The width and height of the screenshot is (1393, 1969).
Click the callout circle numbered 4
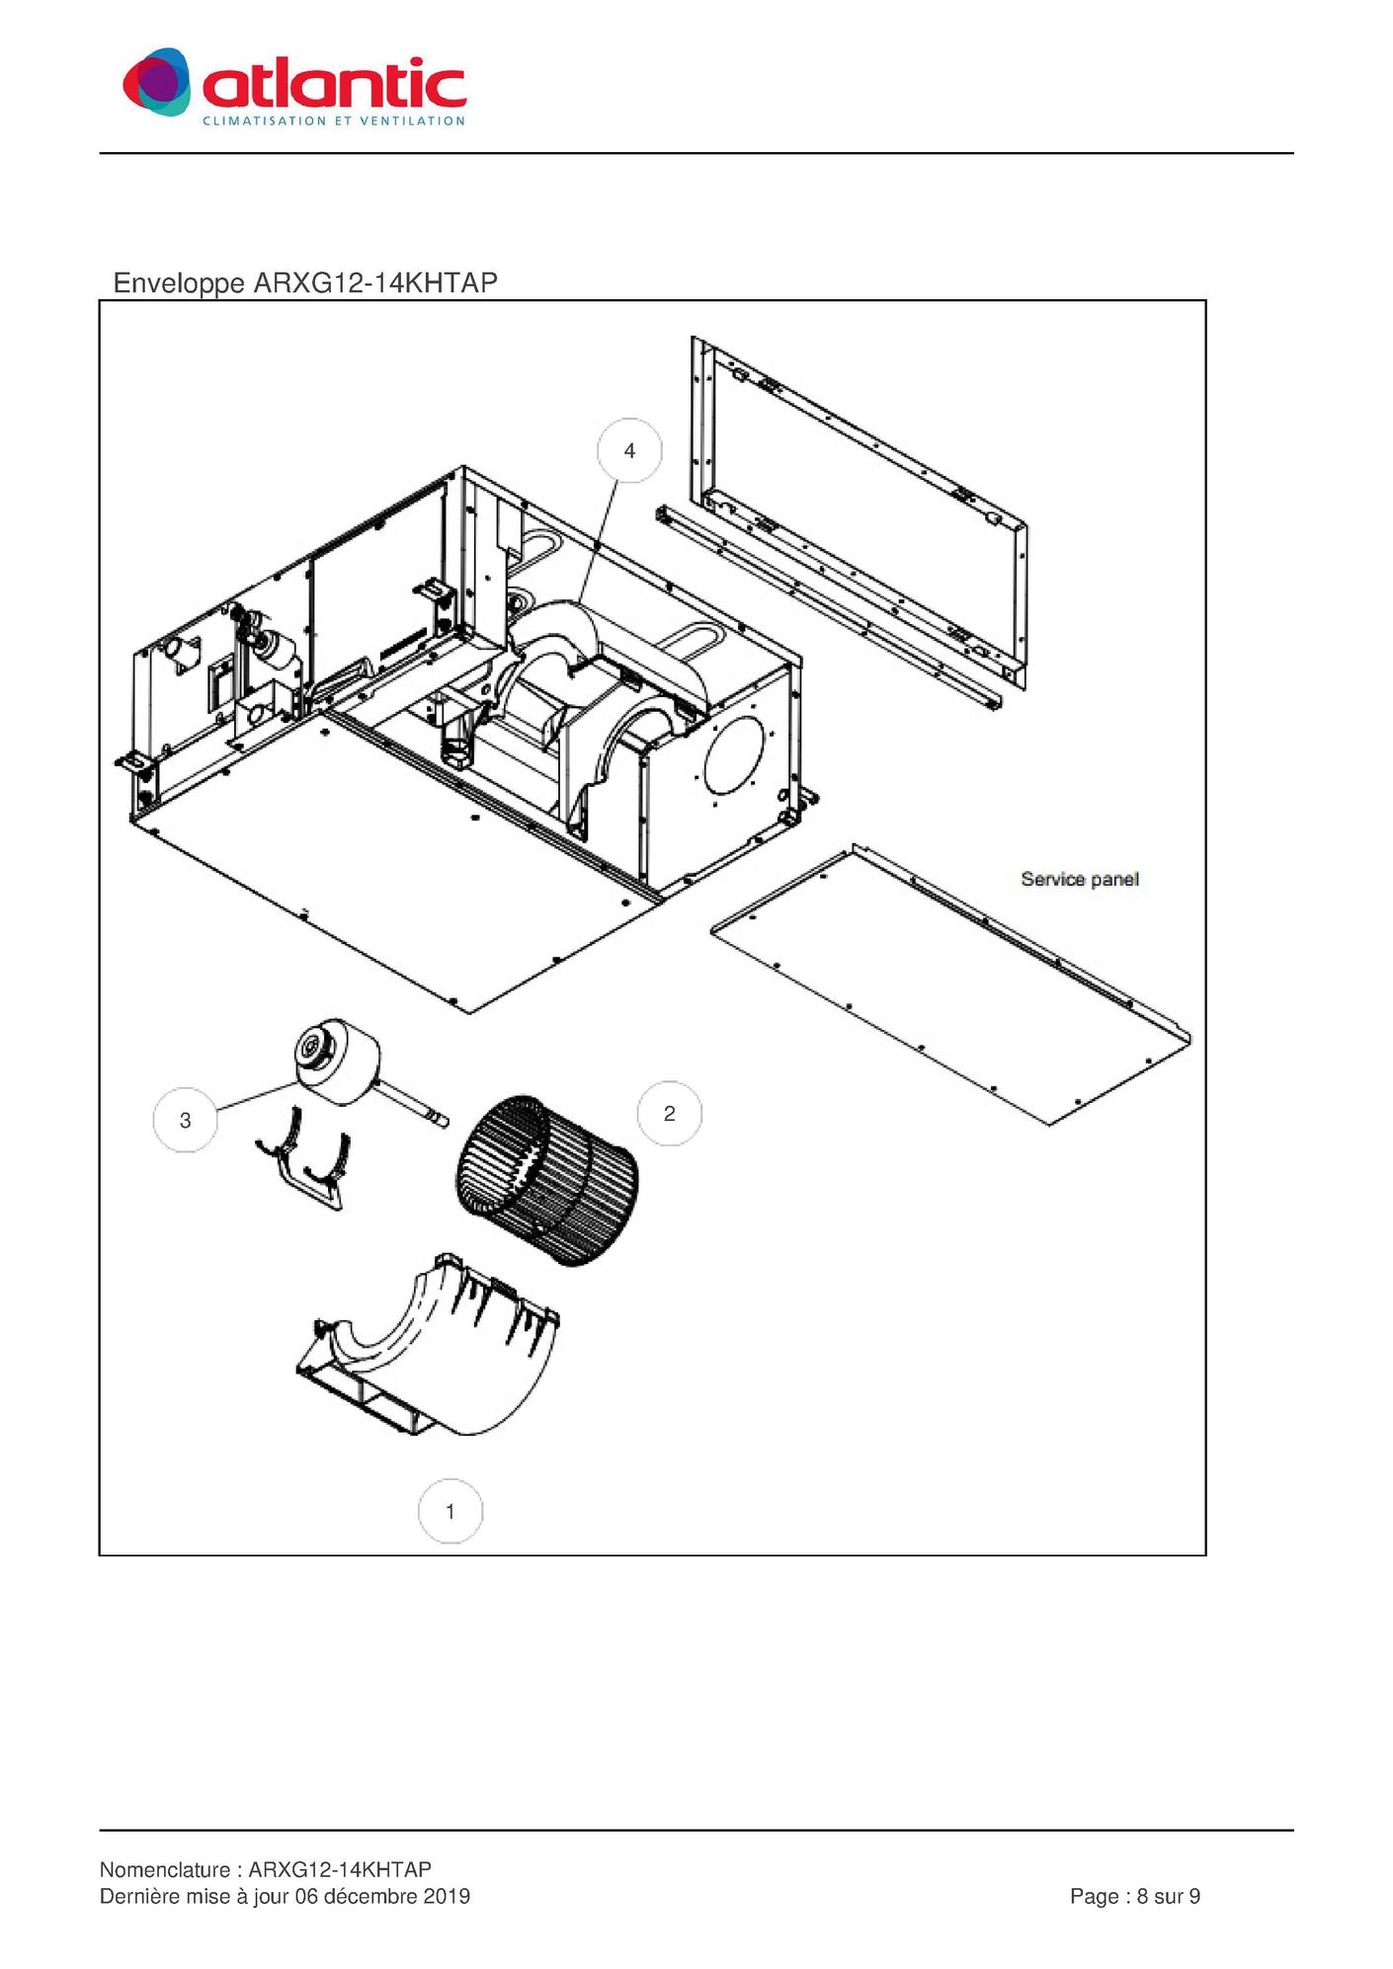pos(629,451)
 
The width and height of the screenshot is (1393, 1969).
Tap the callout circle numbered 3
pos(186,1120)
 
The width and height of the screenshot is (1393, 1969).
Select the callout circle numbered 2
pos(670,1114)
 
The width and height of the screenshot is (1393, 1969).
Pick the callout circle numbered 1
pos(451,1511)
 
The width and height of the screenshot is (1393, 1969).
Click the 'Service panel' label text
pos(1080,879)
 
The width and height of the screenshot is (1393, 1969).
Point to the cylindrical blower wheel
pos(546,1181)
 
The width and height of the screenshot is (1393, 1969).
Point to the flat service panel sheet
pos(950,984)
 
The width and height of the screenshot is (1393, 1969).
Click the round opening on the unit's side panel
pos(733,753)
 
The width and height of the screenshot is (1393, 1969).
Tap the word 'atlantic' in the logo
pos(334,83)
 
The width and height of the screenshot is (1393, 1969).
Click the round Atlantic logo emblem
pos(156,81)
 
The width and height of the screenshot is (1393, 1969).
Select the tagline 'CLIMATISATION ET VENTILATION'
pos(334,121)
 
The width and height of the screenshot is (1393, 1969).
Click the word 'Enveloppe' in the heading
pos(179,283)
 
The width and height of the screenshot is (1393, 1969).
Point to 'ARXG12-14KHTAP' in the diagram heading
pos(375,282)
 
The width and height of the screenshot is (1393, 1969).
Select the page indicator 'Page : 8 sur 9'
pos(1135,1896)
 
